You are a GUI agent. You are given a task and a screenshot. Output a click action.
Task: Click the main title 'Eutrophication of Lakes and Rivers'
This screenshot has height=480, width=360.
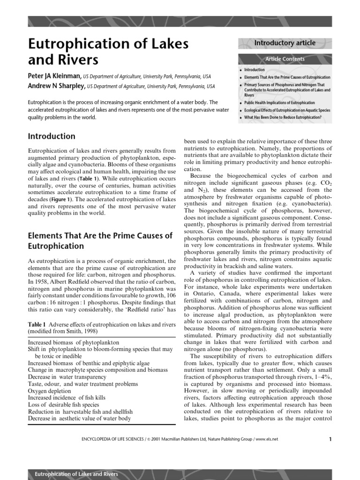click(x=108, y=52)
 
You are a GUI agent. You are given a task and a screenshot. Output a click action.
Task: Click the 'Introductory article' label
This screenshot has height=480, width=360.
click(x=285, y=43)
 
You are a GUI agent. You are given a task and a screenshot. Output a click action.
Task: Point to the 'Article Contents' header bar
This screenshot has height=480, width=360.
click(x=285, y=59)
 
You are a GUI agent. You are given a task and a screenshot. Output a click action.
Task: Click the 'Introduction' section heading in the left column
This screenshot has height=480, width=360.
click(x=52, y=136)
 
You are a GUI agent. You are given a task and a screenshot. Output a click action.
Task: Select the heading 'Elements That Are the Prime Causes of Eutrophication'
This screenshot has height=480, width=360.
click(x=100, y=240)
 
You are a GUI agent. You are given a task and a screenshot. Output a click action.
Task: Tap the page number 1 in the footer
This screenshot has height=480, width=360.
click(x=330, y=439)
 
